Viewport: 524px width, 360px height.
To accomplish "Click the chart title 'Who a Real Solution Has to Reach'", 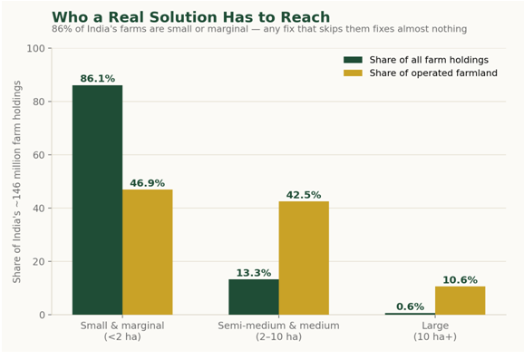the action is [x=190, y=17].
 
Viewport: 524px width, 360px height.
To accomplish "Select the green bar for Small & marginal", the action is [x=97, y=199].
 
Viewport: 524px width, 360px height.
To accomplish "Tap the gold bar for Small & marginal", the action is [x=148, y=252].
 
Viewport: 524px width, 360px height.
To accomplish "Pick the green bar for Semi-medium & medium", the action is [x=254, y=297].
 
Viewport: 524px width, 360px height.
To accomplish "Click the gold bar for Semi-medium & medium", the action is [x=304, y=258].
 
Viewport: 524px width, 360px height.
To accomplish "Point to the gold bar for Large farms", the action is [x=461, y=300].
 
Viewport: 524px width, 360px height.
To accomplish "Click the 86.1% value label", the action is [x=97, y=79].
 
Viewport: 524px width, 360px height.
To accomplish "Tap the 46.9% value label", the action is [x=148, y=183].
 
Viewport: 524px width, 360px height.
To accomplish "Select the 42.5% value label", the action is [x=304, y=195].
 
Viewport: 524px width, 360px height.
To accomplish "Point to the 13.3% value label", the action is [x=254, y=273].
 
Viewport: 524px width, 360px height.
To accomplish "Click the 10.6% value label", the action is [x=461, y=280].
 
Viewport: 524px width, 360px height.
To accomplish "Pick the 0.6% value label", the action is [x=410, y=306].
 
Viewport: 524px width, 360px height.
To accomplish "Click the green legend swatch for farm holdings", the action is [x=353, y=60].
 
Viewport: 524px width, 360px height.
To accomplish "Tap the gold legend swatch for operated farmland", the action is [x=353, y=73].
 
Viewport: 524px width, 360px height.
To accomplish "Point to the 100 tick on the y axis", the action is [x=35, y=48].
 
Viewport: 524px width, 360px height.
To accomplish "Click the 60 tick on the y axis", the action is [x=39, y=155].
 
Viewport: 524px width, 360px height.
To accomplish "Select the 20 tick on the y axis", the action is [x=39, y=261].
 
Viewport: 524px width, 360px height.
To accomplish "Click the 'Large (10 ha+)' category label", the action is [x=435, y=331].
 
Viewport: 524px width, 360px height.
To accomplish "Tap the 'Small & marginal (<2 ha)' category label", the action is [x=122, y=331].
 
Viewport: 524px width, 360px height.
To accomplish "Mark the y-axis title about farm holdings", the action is [x=16, y=181].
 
